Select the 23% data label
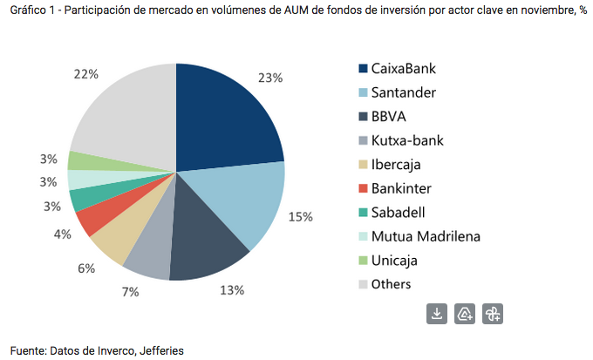[x=269, y=78]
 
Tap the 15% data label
[x=301, y=216]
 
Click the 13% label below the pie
[x=231, y=290]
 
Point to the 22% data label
[x=85, y=74]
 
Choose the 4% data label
[x=62, y=234]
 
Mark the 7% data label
[x=130, y=291]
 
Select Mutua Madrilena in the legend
[x=426, y=236]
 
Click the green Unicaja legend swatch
[x=363, y=260]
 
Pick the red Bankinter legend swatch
[x=363, y=187]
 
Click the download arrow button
[x=437, y=314]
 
